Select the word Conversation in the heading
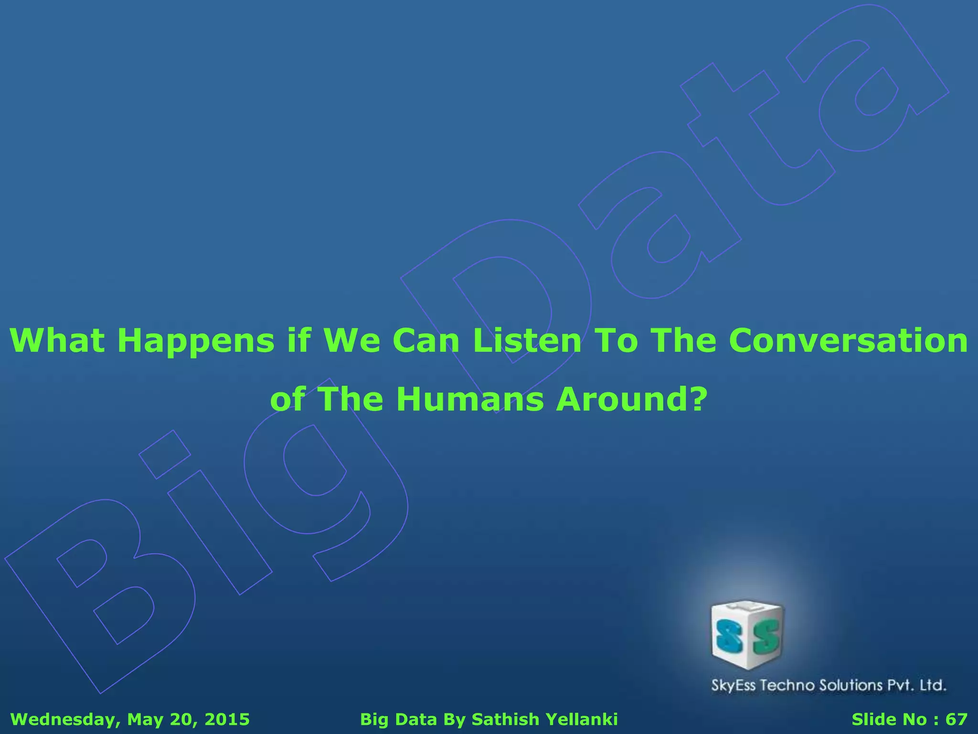[x=848, y=341]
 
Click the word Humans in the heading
[x=470, y=399]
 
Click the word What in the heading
[x=57, y=341]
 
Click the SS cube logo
[x=747, y=635]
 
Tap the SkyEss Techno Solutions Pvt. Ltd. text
[x=829, y=685]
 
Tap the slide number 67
[x=956, y=719]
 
